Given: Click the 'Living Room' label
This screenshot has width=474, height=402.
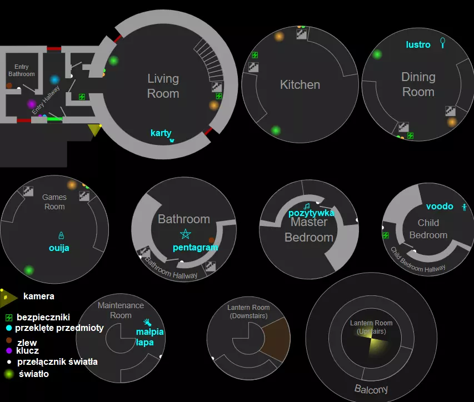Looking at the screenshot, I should click(163, 86).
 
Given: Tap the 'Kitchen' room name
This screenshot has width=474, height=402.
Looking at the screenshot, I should click(300, 85).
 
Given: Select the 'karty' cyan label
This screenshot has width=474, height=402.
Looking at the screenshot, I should click(161, 133).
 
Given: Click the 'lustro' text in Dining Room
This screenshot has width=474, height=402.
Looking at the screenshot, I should click(418, 44).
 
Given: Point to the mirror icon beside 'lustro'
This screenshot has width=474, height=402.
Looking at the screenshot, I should click(443, 43).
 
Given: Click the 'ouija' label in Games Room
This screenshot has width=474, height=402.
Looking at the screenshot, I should click(58, 248).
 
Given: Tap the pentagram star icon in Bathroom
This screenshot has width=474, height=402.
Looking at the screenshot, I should click(185, 234).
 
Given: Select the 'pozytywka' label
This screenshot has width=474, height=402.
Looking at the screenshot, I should click(311, 213).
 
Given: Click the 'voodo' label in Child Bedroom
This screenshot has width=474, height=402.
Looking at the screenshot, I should click(440, 207).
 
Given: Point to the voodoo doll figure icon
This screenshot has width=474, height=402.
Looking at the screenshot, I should click(465, 207).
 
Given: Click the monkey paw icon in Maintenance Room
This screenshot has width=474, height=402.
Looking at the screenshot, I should click(147, 321).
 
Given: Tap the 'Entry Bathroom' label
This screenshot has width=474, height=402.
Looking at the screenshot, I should click(22, 71).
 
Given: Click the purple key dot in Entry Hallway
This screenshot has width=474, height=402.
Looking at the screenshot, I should click(32, 104).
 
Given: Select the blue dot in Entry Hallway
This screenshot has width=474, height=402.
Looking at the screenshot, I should click(54, 80).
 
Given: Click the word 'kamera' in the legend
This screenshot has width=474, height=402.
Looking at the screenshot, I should click(39, 297).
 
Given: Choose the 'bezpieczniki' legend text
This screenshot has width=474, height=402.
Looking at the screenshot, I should click(43, 317).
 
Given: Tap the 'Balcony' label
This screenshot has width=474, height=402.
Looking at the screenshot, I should click(371, 389).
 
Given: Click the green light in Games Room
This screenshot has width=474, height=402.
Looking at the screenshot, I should click(29, 270).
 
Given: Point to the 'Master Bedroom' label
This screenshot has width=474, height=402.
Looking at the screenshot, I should click(309, 230).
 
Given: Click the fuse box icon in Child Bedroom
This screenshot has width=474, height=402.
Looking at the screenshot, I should click(386, 235).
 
